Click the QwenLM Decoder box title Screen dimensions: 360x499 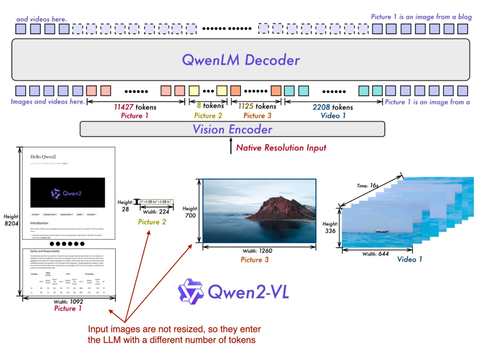tap(241, 60)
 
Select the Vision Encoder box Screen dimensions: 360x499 tap(232, 129)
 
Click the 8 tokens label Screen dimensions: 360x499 tap(210, 106)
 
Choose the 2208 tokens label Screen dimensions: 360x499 tap(333, 107)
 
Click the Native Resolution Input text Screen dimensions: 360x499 tap(281, 147)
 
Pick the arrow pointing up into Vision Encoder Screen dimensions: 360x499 tap(231, 146)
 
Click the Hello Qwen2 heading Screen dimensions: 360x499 tap(43, 157)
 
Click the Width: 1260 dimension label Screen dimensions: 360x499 tap(258, 250)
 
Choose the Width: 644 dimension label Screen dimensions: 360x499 tap(377, 254)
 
